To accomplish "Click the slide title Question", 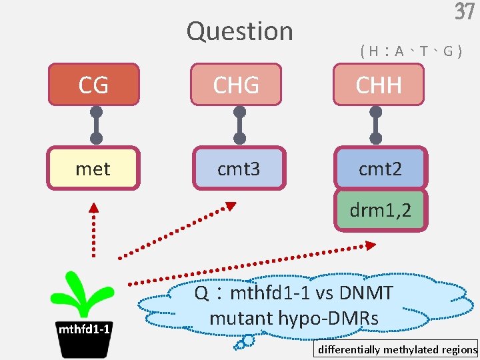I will [239, 31].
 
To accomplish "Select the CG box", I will [93, 85].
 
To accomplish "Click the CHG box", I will [236, 85].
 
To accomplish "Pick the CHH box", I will [379, 85].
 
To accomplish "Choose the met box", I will [93, 169].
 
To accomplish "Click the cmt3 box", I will [238, 169].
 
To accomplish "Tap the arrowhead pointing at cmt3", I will [229, 205].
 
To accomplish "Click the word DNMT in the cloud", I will [366, 293].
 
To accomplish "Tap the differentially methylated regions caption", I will [397, 349].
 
